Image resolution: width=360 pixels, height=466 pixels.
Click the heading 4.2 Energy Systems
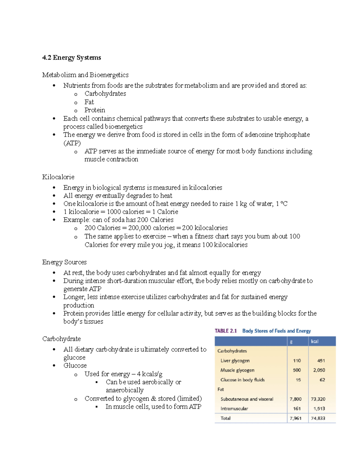tap(71, 58)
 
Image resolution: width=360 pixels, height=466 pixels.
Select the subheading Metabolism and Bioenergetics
tap(85, 75)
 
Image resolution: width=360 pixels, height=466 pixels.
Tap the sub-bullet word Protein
tap(94, 110)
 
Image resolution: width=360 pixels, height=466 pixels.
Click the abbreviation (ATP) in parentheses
tap(72, 143)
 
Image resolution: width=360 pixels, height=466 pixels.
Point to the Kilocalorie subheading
tap(58, 177)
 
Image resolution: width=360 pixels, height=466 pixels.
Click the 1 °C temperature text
tap(282, 204)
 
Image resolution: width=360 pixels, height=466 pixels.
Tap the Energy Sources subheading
tap(64, 262)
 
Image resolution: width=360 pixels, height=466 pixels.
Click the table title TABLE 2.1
tap(226, 331)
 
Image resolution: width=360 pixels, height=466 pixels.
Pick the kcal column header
tap(314, 341)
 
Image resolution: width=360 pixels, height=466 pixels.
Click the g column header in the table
tap(291, 341)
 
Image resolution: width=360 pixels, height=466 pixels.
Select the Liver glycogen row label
tap(235, 361)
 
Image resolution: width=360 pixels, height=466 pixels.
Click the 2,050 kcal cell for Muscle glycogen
tap(319, 370)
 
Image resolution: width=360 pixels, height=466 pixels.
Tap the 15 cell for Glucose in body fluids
tap(298, 380)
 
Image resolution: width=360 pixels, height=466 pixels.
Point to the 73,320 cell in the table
tap(318, 399)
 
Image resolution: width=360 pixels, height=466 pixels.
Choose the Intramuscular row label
tap(234, 409)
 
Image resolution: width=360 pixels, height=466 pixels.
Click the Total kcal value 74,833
tap(318, 418)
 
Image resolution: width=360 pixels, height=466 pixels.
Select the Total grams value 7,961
tap(295, 418)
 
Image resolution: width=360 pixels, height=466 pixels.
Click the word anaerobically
tap(124, 390)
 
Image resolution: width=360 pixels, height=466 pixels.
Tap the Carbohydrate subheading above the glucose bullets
tap(61, 339)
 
